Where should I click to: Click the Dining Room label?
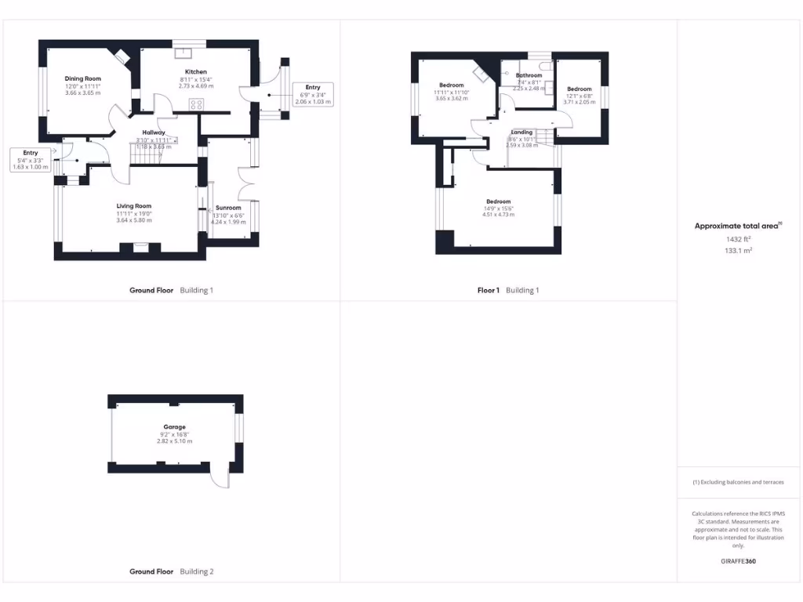coord(83,78)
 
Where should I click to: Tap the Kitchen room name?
coord(195,72)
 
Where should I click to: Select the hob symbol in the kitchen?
coord(196,103)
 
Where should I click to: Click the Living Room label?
coord(133,206)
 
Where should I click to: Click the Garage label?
coord(174,427)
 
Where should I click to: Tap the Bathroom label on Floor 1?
coord(529,75)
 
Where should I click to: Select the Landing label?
coord(521,132)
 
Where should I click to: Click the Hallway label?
coord(153,132)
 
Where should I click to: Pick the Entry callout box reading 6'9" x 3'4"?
coord(312,94)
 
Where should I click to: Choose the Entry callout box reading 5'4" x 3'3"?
coord(31,159)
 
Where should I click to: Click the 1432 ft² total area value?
coord(738,239)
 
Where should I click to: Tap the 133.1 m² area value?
coord(738,251)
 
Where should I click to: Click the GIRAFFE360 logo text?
coord(738,561)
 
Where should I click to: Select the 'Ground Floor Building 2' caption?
coord(171,571)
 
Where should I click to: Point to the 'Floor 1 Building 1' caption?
coord(508,290)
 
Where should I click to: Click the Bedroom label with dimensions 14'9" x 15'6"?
coord(498,201)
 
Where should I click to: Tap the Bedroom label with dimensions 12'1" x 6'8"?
coord(580,89)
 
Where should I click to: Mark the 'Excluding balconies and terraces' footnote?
coord(738,482)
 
